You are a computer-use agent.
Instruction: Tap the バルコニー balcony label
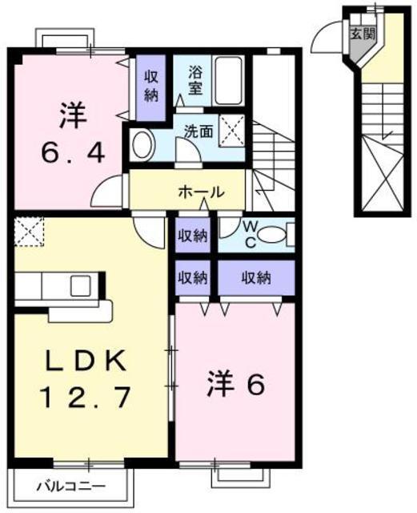(70, 486)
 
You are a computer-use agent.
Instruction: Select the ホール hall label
(200, 192)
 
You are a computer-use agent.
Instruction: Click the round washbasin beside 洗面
(143, 146)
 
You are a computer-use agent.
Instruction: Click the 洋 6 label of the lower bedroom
(234, 386)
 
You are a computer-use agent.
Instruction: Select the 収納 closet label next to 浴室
(151, 83)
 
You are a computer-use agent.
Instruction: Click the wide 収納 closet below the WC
(255, 278)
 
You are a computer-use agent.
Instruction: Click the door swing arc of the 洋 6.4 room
(108, 192)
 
